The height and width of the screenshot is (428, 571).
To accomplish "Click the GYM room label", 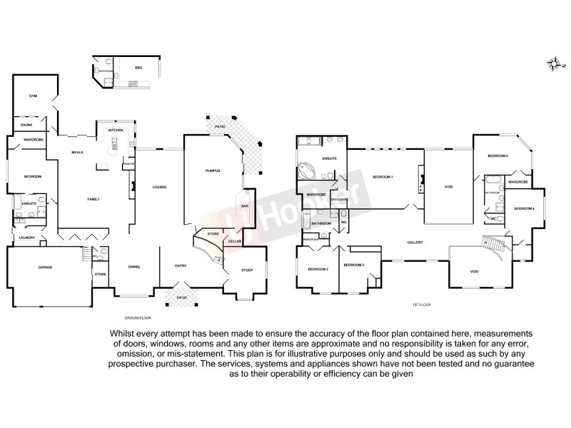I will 33,96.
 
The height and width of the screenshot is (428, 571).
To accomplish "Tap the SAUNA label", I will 26,125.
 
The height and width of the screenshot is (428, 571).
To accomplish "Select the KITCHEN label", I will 116,131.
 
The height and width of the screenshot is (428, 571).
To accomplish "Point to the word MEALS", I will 78,153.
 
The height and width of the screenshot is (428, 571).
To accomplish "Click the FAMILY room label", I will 94,198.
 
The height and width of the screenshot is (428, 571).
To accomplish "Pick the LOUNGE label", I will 159,187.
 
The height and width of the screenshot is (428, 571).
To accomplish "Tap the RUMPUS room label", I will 213,171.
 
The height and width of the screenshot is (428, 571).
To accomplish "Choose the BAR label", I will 244,206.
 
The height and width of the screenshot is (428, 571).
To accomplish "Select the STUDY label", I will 247,270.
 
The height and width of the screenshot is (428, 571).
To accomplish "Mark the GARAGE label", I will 46,267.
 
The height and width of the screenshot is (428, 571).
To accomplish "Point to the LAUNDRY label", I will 27,238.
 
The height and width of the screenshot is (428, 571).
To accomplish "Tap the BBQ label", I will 138,67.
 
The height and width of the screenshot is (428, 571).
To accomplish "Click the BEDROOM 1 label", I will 383,177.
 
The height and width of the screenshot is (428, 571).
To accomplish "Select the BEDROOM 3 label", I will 354,265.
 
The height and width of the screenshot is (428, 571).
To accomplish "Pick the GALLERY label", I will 416,243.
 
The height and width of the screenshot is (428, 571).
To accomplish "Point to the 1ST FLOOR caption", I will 421,305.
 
